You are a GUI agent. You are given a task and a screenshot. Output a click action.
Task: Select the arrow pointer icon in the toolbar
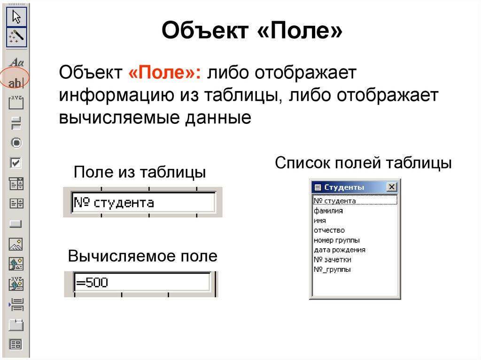[x=16, y=18]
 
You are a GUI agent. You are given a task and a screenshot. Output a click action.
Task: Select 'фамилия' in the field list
[x=328, y=211]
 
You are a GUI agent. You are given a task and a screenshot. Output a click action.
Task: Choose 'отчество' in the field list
[x=329, y=230]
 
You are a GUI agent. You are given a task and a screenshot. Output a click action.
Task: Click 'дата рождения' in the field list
[x=340, y=250]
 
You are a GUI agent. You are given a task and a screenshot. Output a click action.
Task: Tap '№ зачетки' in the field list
[x=333, y=260]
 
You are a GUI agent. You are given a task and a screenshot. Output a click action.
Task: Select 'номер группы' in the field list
[x=337, y=240]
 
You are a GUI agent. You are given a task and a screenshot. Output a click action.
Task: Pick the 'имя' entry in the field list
[x=320, y=220]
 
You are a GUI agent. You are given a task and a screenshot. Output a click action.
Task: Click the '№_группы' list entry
[x=332, y=269]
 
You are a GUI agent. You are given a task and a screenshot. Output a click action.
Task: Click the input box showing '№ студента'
[x=143, y=202]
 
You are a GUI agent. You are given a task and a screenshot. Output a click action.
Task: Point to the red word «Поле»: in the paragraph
[x=164, y=73]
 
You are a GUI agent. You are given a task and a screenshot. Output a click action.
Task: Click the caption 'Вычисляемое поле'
[x=143, y=256]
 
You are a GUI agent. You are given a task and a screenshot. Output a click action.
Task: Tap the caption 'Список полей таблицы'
[x=363, y=163]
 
